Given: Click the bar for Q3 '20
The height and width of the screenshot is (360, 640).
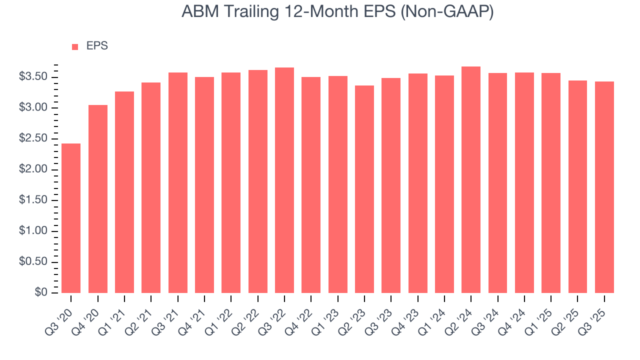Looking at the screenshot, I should tap(71, 218).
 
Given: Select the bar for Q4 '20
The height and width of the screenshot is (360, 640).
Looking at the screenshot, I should tap(97, 199).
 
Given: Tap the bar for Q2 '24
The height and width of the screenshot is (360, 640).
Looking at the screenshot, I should tap(471, 179).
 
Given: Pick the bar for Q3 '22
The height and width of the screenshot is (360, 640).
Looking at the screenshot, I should tap(284, 180).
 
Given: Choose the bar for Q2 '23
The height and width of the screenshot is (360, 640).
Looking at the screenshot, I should tap(364, 189).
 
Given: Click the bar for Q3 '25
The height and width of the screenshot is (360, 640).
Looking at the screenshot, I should tap(604, 187).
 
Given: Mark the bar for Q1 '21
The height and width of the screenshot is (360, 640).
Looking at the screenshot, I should tap(124, 192).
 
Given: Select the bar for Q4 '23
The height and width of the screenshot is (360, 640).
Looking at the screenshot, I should tap(417, 183).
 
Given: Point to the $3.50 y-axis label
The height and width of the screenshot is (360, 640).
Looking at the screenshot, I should tap(33, 77).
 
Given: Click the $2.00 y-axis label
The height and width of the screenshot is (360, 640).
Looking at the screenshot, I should tap(33, 169).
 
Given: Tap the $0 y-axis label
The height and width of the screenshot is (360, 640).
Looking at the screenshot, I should tap(41, 292).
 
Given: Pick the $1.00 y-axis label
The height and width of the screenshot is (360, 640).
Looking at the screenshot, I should tap(33, 231).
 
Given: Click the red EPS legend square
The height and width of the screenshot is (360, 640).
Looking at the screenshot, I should tap(75, 46).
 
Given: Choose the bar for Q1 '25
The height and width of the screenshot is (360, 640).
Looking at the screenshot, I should tap(551, 183).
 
